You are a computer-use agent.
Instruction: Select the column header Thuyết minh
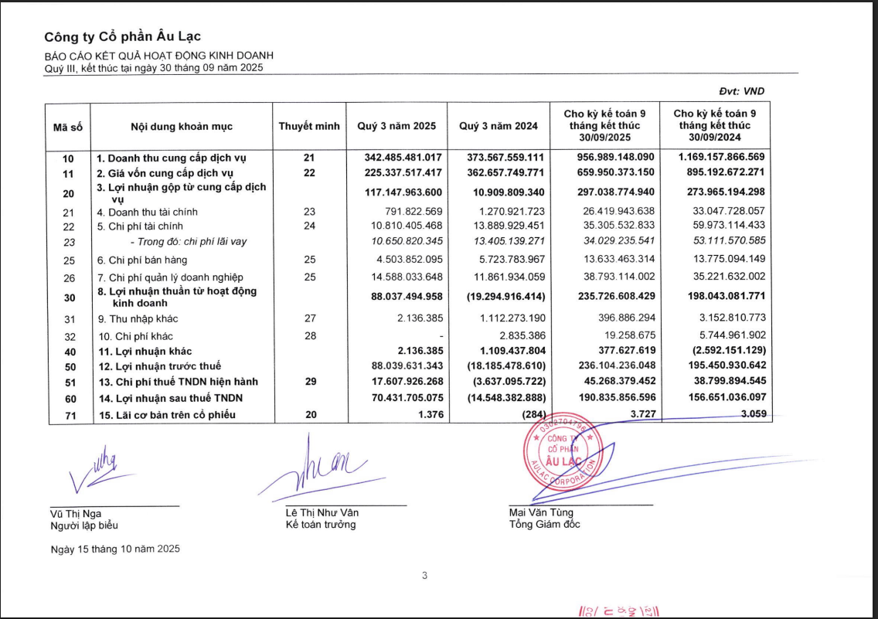309,127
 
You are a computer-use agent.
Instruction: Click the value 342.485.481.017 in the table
403,158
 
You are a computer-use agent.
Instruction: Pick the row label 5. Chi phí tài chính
141,226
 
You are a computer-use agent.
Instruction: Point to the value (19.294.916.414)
506,297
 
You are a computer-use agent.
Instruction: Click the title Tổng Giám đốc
544,525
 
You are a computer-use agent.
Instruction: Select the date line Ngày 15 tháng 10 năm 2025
115,549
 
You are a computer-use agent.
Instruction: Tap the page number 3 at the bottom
424,575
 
